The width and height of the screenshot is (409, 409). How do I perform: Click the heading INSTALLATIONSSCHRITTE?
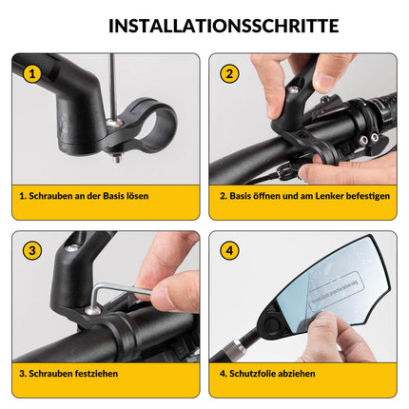tap(204, 25)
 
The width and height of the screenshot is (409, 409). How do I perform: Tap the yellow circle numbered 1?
tap(32, 72)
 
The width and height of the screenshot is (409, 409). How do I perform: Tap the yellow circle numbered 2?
tap(228, 72)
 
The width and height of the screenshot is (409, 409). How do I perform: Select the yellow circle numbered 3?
tap(32, 251)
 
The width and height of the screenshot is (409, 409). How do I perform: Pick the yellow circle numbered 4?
tap(228, 251)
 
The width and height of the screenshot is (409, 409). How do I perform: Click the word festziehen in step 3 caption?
tap(95, 374)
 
